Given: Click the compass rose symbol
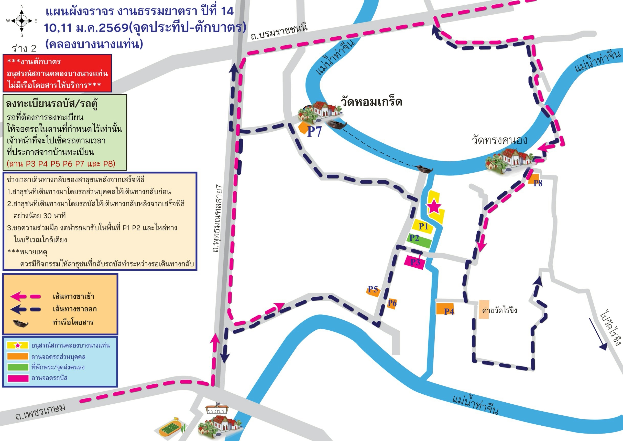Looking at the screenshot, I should click(22, 21).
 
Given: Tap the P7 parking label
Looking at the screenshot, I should click(314, 131).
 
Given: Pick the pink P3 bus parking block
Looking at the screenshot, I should click(414, 262).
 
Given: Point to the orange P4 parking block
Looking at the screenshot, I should click(445, 309).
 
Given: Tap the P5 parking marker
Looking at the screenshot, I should click(373, 291).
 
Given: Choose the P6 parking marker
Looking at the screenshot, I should click(392, 303).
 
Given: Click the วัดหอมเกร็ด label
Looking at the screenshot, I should click(371, 102).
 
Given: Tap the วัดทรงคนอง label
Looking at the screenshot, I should click(499, 140).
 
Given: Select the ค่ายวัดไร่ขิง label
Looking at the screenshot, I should click(499, 310).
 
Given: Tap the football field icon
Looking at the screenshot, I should click(170, 429).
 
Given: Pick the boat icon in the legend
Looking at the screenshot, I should click(20, 323).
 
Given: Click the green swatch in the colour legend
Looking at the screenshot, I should click(18, 367).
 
